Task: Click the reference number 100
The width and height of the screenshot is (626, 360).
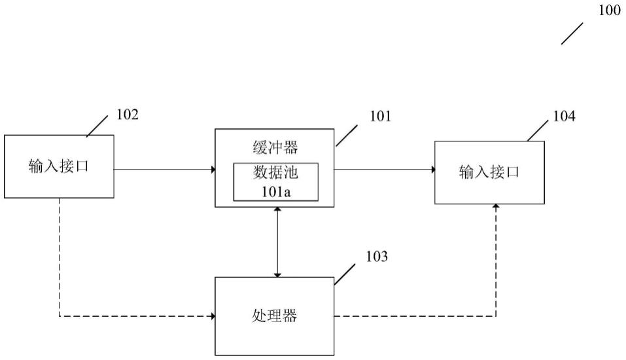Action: tap(609, 11)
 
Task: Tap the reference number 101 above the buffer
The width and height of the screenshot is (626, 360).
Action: tap(379, 117)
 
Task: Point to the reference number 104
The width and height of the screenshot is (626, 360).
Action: tap(564, 117)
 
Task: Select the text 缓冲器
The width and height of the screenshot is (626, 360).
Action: tap(275, 147)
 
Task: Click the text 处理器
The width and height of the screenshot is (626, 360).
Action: tap(275, 316)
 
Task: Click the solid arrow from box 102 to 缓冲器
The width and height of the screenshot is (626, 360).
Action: tap(165, 170)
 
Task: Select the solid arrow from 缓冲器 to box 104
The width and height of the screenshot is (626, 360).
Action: tap(385, 170)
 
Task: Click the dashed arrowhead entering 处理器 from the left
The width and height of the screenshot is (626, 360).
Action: tap(212, 316)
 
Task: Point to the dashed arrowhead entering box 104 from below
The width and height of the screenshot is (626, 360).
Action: tap(496, 207)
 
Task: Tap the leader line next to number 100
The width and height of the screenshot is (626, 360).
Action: tap(572, 33)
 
